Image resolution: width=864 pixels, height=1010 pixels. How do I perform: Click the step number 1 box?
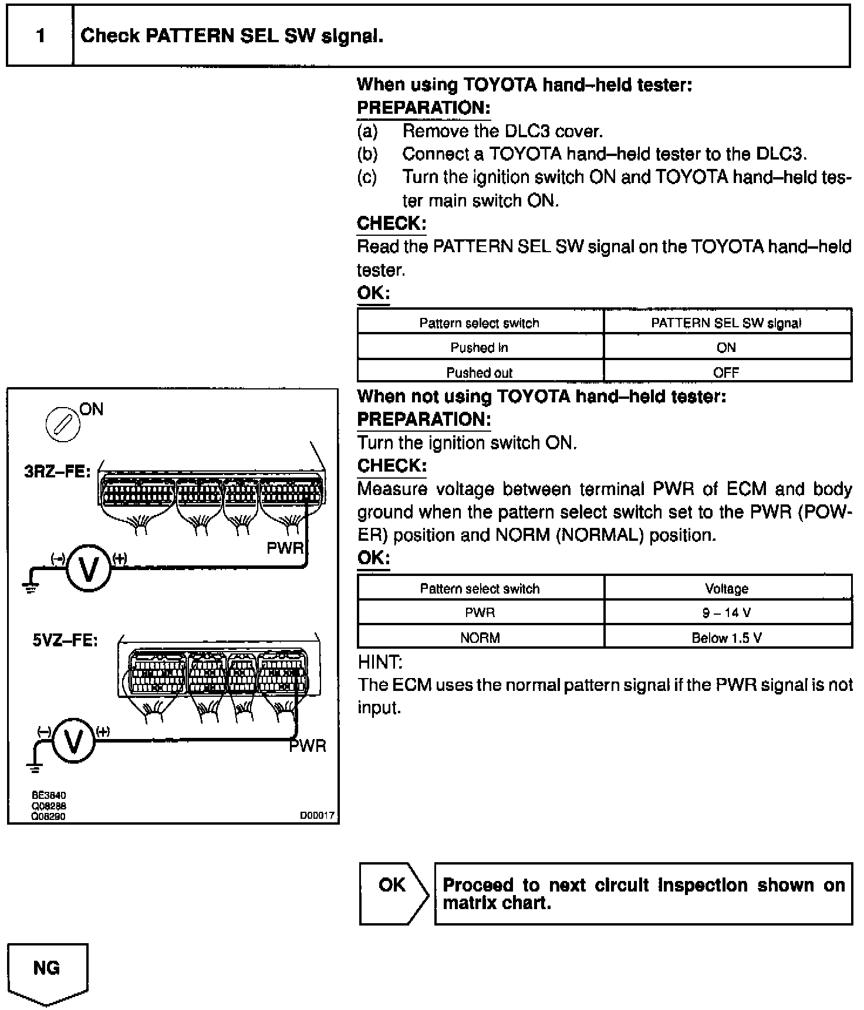pyautogui.click(x=40, y=36)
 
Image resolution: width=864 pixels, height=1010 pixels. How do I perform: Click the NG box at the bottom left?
pyautogui.click(x=47, y=967)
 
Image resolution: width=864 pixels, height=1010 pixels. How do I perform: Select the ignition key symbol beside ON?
pyautogui.click(x=63, y=424)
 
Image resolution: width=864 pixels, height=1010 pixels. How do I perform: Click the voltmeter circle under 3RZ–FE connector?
pyautogui.click(x=89, y=568)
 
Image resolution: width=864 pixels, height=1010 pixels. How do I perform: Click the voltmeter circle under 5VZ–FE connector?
pyautogui.click(x=73, y=741)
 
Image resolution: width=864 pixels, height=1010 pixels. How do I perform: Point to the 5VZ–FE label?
pyautogui.click(x=65, y=639)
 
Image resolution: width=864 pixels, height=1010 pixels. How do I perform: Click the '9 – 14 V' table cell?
pyautogui.click(x=727, y=613)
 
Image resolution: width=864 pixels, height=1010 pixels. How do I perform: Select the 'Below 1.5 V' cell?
pyautogui.click(x=727, y=638)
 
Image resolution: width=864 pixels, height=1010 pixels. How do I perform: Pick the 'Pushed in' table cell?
pyautogui.click(x=479, y=347)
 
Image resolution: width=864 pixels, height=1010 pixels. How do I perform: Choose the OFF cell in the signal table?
pyautogui.click(x=726, y=372)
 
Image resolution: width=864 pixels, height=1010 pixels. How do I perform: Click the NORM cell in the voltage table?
pyautogui.click(x=480, y=638)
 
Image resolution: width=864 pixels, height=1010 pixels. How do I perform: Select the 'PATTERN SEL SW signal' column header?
pyautogui.click(x=726, y=323)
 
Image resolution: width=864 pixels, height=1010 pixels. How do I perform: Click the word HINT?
pyautogui.click(x=380, y=662)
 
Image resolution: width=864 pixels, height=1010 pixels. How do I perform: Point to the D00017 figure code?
pyautogui.click(x=317, y=815)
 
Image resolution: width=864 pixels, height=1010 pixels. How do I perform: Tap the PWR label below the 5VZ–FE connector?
pyautogui.click(x=308, y=746)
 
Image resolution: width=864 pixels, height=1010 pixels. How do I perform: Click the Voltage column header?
pyautogui.click(x=727, y=588)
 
